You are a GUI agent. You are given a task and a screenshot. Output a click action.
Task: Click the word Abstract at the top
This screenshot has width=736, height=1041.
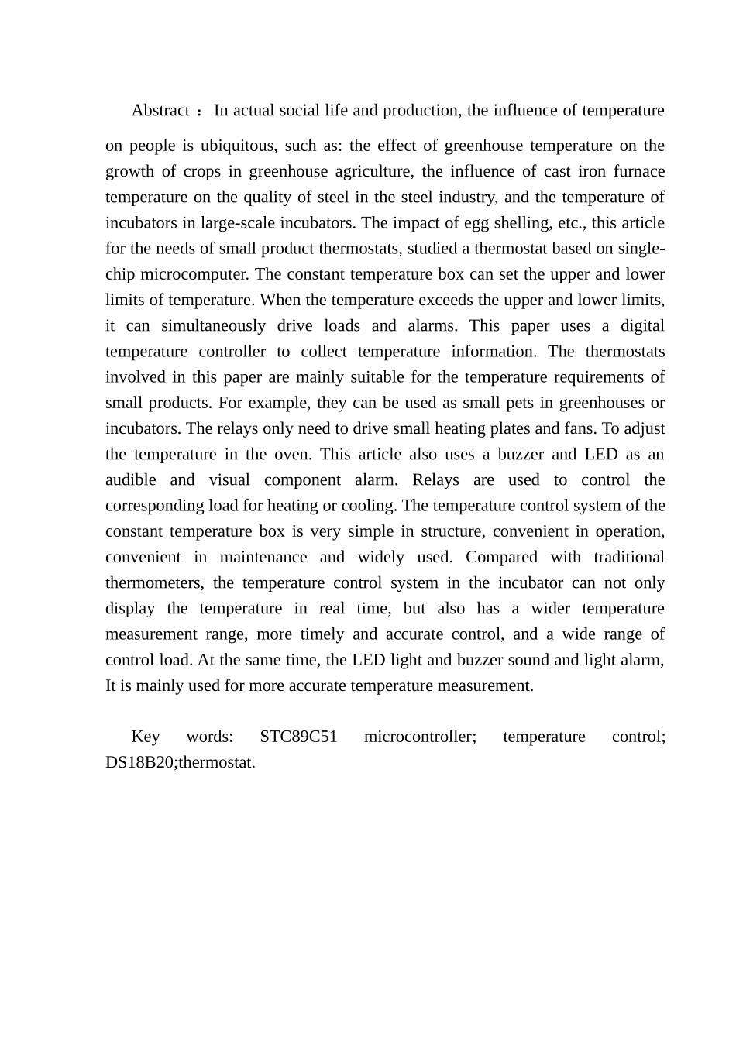160,110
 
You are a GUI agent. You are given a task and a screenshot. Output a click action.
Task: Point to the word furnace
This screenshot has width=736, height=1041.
638,171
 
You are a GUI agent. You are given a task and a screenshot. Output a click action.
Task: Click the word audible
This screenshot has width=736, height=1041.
130,479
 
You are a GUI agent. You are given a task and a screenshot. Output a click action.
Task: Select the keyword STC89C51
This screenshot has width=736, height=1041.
298,736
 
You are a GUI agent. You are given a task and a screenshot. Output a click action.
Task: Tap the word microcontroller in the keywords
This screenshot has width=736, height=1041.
420,736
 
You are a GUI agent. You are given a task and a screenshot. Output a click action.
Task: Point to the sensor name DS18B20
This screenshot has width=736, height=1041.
140,761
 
